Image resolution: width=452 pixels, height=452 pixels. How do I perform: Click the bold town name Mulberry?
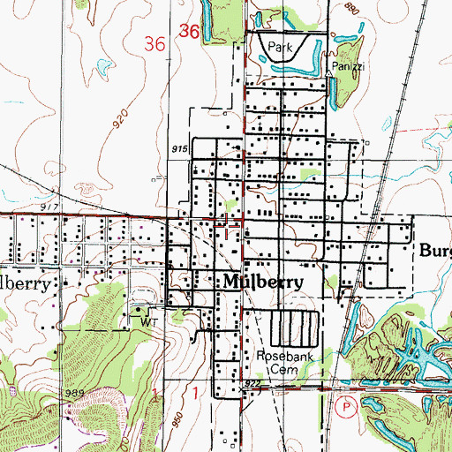coord(260,282)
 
